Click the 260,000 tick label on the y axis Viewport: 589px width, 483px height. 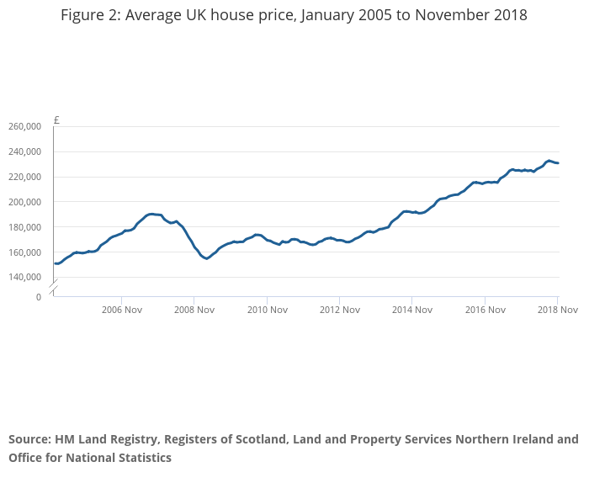[x=24, y=126]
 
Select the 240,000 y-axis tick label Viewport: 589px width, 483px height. [x=24, y=151]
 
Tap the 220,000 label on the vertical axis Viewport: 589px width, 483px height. [x=24, y=177]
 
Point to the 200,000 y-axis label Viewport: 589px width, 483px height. [x=24, y=202]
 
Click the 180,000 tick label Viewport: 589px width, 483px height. [x=24, y=227]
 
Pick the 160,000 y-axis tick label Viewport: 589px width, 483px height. [x=24, y=252]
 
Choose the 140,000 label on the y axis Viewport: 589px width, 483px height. [x=24, y=277]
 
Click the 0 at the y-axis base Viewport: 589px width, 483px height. [x=38, y=297]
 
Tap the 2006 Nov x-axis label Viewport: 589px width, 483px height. [x=121, y=310]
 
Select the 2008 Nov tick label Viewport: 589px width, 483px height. [x=194, y=310]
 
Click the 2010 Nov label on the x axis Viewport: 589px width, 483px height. [x=267, y=310]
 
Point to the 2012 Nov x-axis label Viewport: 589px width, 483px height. [x=339, y=310]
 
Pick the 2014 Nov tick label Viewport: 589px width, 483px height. [x=412, y=310]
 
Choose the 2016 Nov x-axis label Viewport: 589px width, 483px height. [x=485, y=310]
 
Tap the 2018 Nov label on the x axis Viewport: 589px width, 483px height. [x=557, y=310]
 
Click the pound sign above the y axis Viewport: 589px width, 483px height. [x=56, y=120]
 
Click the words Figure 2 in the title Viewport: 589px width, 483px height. [x=90, y=15]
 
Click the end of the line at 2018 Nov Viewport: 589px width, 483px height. [x=558, y=163]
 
